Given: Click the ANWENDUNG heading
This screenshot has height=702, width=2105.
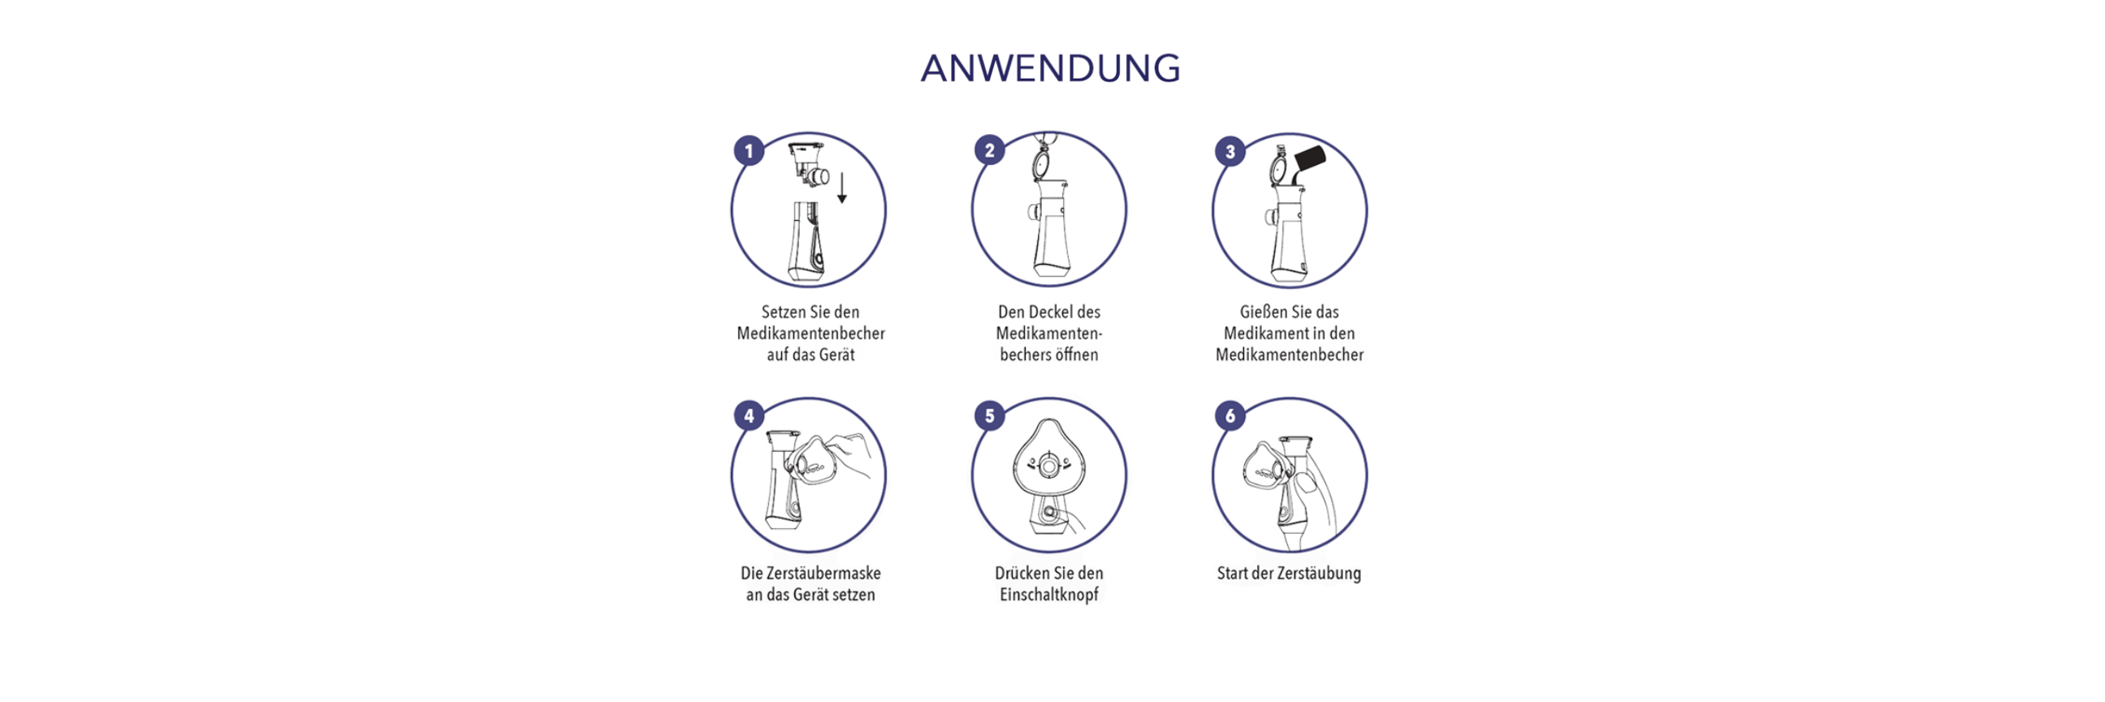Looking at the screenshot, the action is [1051, 67].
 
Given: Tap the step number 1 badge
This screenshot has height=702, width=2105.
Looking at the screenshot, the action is [749, 151].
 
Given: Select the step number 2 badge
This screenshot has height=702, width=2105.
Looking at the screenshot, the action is [990, 150].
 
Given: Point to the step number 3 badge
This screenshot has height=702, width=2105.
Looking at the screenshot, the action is [1230, 151].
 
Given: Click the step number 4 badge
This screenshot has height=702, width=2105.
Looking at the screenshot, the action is [749, 415].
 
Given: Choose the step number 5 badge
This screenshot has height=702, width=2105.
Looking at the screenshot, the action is [990, 415].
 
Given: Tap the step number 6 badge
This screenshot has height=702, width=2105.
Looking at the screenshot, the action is [1230, 415].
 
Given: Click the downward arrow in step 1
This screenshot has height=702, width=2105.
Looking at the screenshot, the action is [841, 187].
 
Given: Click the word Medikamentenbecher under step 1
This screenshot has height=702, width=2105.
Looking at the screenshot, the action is [810, 333].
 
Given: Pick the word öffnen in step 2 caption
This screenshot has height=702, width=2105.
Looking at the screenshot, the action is [1076, 355].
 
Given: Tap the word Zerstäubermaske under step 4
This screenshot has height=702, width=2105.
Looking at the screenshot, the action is [810, 573].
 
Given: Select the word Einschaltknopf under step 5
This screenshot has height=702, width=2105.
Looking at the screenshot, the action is [1049, 595].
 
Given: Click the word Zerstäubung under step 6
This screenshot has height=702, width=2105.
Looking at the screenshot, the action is [1320, 574].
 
